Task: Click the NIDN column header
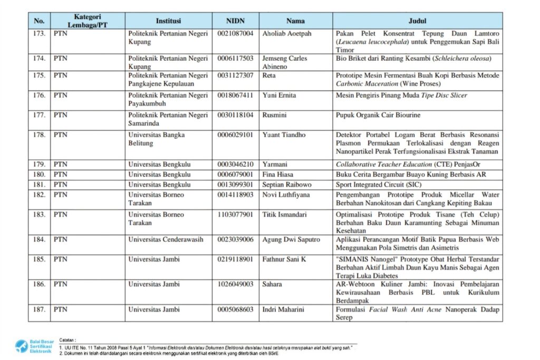235,21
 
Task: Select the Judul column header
417,21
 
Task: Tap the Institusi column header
168,21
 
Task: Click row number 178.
39,135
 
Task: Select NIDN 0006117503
235,59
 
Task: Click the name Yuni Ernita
279,95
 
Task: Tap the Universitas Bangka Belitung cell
157,139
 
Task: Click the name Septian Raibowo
287,185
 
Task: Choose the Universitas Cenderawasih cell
166,240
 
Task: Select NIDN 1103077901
235,215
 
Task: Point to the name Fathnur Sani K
284,259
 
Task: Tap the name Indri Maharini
283,309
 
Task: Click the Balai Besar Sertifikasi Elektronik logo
34,346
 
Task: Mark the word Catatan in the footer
68,340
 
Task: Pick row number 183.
39,215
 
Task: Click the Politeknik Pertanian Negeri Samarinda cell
168,119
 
